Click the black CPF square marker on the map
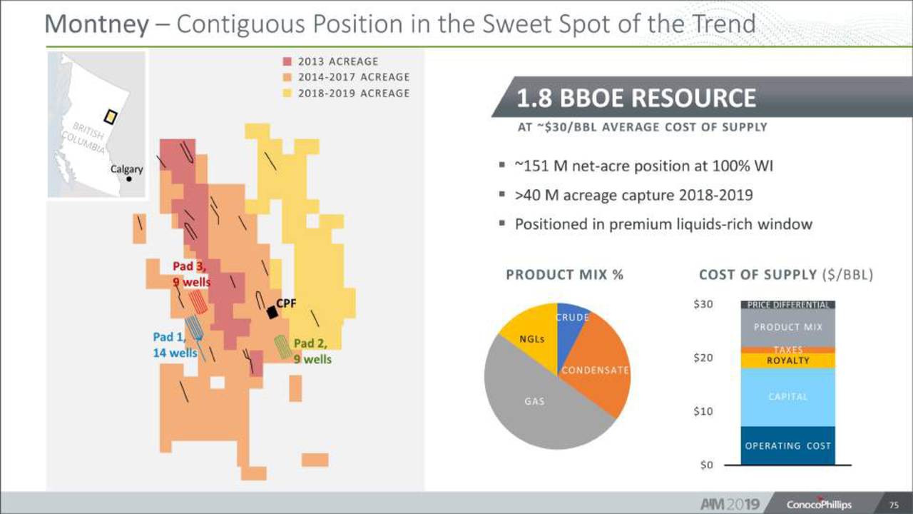pyautogui.click(x=272, y=313)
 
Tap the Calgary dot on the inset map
pyautogui.click(x=129, y=179)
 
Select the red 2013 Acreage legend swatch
pyautogui.click(x=287, y=61)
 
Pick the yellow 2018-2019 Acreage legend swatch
pyautogui.click(x=287, y=94)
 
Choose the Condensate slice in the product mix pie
pyautogui.click(x=595, y=367)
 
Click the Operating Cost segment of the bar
pyautogui.click(x=788, y=445)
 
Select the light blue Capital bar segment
pyautogui.click(x=788, y=397)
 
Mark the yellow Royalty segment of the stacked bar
pyautogui.click(x=788, y=361)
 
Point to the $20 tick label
pyautogui.click(x=703, y=358)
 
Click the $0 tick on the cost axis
pyautogui.click(x=706, y=465)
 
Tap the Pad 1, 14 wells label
pyautogui.click(x=175, y=345)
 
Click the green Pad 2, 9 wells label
pyautogui.click(x=312, y=351)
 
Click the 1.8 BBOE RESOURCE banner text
pyautogui.click(x=636, y=98)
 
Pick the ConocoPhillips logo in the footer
pyautogui.click(x=819, y=504)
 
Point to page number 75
pyautogui.click(x=894, y=505)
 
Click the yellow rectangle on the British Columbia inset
pyautogui.click(x=111, y=116)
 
